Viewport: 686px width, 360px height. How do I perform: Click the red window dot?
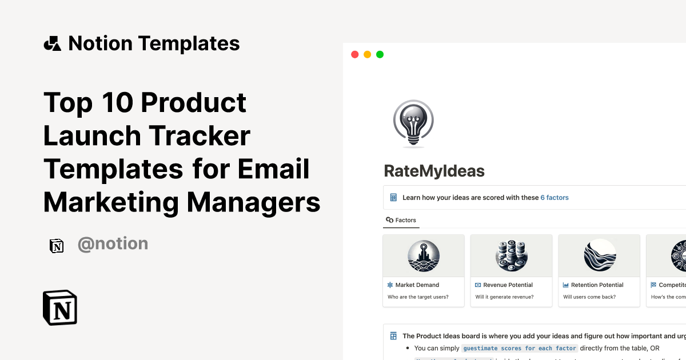[x=354, y=54]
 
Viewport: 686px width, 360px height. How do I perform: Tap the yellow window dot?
[x=367, y=54]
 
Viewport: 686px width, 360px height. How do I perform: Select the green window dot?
[x=380, y=54]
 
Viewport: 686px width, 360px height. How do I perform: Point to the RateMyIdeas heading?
[x=434, y=170]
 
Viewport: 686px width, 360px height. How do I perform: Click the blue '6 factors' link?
[x=555, y=198]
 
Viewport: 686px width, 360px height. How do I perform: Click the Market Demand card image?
[x=424, y=255]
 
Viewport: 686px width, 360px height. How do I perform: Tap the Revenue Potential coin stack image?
[x=511, y=255]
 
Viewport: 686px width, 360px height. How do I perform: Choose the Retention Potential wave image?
[x=600, y=255]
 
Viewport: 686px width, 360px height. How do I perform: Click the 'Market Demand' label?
[x=417, y=285]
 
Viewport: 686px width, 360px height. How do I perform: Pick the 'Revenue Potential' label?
[x=508, y=285]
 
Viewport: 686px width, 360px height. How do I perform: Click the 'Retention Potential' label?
[x=597, y=285]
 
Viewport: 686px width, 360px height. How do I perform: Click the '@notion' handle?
[x=113, y=244]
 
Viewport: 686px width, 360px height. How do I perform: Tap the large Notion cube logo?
[x=60, y=308]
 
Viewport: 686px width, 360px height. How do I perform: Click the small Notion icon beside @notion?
[x=57, y=245]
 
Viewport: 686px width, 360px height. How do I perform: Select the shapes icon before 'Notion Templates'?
[x=53, y=43]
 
